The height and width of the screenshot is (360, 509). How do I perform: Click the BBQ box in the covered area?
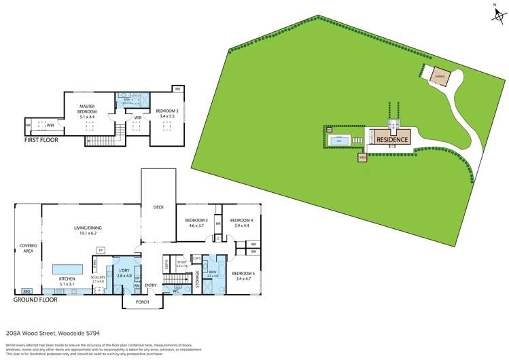[x=28, y=291]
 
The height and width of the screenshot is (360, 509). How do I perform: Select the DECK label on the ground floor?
[x=158, y=207]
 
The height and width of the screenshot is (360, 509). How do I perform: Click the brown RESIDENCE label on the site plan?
[x=393, y=139]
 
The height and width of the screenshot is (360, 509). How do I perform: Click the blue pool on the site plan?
[x=338, y=141]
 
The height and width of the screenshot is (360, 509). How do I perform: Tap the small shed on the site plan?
[x=362, y=158]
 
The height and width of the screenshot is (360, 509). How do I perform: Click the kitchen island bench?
[x=66, y=267]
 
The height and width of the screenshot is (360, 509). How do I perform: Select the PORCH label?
[x=142, y=302]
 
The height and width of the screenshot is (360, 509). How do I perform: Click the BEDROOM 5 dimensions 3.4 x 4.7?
[x=242, y=278]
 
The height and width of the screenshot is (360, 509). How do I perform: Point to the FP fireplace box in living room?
[x=101, y=251]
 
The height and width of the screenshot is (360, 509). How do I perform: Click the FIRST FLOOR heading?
[x=41, y=140]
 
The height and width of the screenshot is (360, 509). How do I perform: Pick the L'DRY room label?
[x=124, y=271]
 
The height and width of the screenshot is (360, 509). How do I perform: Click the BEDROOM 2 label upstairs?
[x=166, y=111]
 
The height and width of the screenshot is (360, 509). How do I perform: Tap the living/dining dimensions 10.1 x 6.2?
[x=90, y=234]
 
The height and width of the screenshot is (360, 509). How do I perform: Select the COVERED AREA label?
[x=27, y=248]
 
